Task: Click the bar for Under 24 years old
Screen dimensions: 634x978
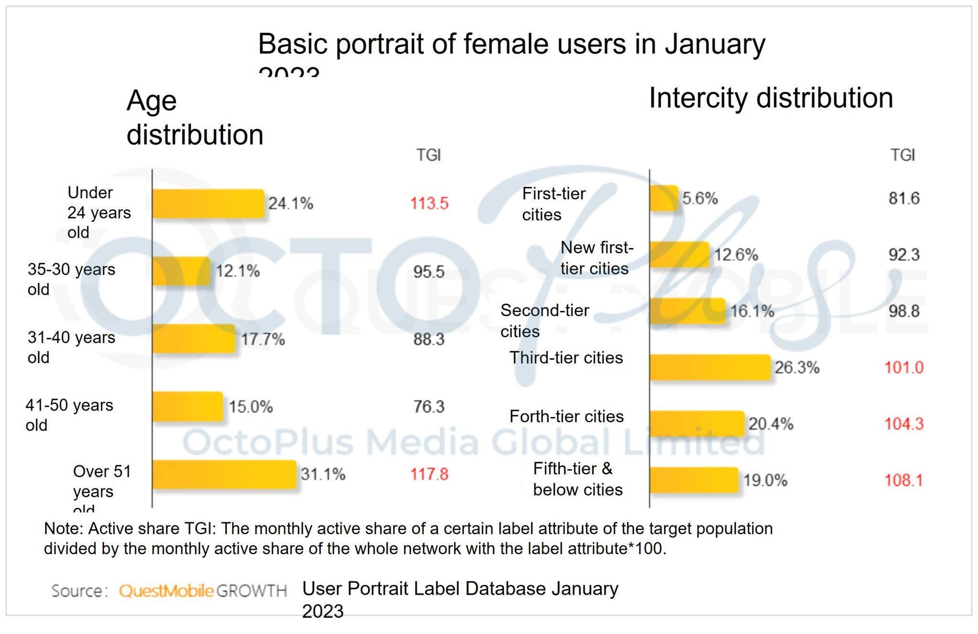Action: (208, 204)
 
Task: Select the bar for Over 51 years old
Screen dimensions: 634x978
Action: (224, 474)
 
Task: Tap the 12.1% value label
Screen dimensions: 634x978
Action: (238, 271)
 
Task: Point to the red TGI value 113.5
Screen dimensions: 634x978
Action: (429, 204)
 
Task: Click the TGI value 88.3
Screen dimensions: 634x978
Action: (429, 339)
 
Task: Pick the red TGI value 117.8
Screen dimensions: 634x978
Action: (429, 474)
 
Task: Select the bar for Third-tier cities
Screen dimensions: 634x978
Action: (710, 367)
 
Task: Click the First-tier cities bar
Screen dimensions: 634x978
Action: (664, 198)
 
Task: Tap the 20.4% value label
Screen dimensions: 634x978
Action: (770, 424)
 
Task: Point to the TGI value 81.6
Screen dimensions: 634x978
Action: (904, 198)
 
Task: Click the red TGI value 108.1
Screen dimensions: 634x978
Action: (904, 480)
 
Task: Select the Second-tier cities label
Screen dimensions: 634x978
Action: (544, 321)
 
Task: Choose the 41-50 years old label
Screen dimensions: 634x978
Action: (69, 415)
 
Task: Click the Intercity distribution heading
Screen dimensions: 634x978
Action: (770, 98)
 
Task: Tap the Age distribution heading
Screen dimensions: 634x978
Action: (194, 118)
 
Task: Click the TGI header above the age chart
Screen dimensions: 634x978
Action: (428, 155)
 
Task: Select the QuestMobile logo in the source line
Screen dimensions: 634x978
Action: (166, 591)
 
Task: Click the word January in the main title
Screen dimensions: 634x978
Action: (715, 44)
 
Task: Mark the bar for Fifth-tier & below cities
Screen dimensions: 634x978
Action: (694, 480)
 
